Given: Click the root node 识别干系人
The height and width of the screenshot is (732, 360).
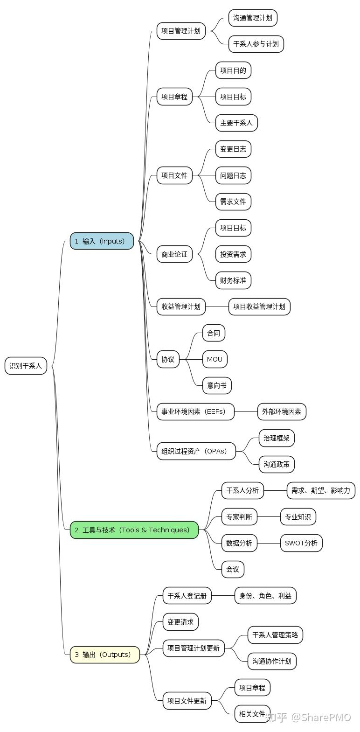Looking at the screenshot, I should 26,366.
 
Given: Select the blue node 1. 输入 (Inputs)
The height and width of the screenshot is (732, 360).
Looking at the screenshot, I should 102,241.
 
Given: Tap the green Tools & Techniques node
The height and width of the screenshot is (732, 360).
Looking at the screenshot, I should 134,530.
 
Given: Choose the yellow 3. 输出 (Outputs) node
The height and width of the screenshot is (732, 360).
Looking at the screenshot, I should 104,655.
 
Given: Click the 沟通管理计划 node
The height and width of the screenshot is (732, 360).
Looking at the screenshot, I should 253,18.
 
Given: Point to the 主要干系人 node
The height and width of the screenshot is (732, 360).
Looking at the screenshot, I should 236,123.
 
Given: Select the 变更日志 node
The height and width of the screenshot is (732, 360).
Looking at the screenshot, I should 233,149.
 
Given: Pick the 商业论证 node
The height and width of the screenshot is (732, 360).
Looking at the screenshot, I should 174,254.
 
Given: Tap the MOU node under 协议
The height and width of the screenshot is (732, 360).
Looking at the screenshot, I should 215,359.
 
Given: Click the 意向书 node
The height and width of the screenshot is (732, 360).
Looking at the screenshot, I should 217,385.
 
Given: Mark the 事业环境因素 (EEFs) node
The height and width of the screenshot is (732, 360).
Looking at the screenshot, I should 195,411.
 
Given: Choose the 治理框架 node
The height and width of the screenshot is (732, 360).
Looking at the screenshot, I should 277,438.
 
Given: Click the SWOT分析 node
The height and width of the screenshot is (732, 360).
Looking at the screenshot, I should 301,543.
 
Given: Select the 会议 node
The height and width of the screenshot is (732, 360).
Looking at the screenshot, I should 232,569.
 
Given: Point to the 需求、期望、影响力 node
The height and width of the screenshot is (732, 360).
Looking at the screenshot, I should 320,490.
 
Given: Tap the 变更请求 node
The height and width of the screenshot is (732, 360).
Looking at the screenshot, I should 180,622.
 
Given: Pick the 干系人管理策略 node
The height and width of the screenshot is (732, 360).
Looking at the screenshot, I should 275,635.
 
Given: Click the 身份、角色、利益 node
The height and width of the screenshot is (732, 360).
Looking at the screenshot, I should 265,596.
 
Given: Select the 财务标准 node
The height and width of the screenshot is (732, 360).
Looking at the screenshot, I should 233,280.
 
